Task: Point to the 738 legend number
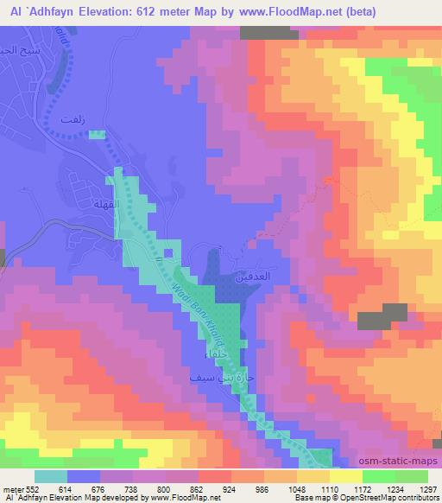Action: [x=130, y=489]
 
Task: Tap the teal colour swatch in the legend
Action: [x=52, y=476]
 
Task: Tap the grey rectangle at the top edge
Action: [x=264, y=32]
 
